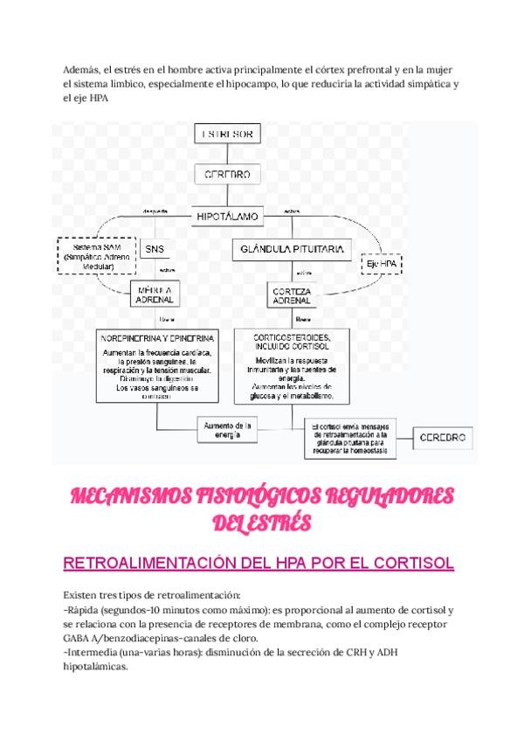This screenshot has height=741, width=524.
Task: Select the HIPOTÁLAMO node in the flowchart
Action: tap(227, 213)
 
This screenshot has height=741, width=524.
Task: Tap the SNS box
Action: tap(155, 250)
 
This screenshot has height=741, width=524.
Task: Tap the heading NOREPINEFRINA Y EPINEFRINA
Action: tap(158, 337)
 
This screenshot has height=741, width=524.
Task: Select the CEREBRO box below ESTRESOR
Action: tap(227, 174)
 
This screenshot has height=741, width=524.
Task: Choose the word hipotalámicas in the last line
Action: tap(96, 666)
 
